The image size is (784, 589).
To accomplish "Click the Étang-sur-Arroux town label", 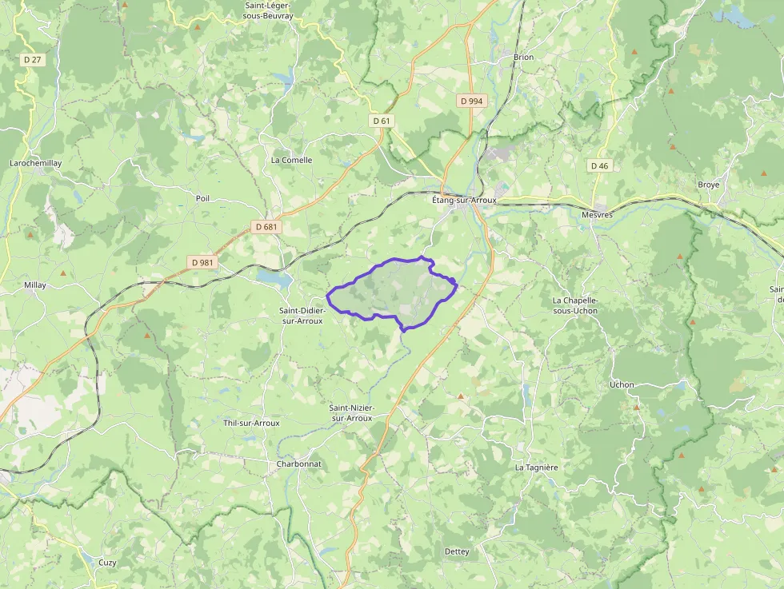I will (x=464, y=200).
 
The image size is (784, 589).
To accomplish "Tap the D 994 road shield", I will (x=471, y=101).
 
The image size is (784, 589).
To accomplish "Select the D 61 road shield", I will (x=382, y=121).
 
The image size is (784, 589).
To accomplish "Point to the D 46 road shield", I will (x=598, y=165).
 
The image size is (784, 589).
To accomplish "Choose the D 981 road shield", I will (x=203, y=261).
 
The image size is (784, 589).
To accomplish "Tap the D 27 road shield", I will (x=32, y=59).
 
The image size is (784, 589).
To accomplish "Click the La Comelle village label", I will (x=291, y=160).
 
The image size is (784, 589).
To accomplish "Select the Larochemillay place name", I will (x=35, y=163).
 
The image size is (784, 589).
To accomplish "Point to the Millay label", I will (x=35, y=285).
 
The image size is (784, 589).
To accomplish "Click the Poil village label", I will (x=202, y=198).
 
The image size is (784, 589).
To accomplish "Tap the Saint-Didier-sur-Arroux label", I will (x=301, y=315).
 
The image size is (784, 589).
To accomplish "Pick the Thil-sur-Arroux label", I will (x=251, y=423).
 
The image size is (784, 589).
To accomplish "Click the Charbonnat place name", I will (x=298, y=464).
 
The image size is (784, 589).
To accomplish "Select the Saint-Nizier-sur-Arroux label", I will (x=351, y=412).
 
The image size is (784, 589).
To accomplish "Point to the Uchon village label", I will (x=622, y=384).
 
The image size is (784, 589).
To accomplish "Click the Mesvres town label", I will (x=597, y=215).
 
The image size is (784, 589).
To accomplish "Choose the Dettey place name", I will (x=457, y=551).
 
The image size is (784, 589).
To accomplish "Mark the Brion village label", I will (x=523, y=58).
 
